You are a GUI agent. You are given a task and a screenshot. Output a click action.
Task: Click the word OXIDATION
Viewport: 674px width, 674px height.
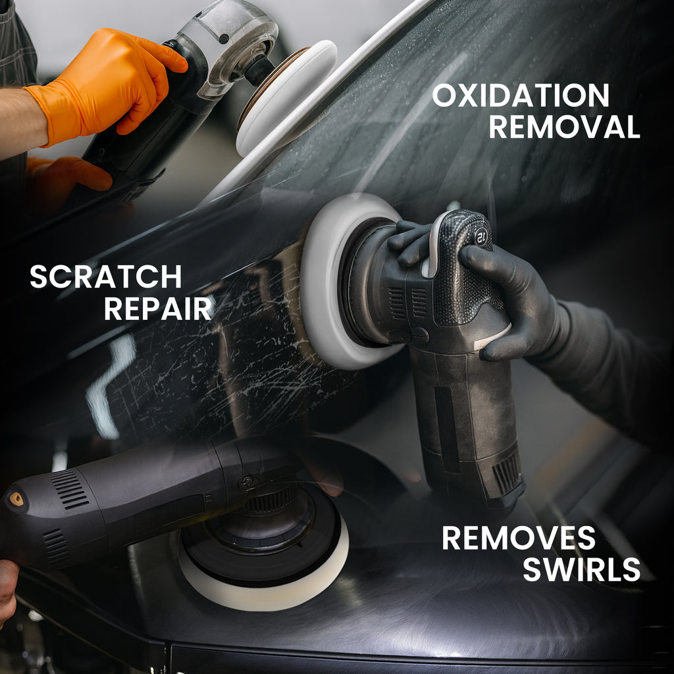(x=520, y=96)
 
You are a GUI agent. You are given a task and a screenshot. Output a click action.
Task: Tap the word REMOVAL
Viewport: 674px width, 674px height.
(x=564, y=126)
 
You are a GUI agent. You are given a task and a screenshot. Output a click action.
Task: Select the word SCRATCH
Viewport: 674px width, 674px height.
(x=106, y=276)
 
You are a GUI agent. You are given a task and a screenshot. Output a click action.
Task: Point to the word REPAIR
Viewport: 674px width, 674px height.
(x=158, y=308)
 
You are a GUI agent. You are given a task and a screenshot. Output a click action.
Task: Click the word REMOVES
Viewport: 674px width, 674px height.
(x=518, y=538)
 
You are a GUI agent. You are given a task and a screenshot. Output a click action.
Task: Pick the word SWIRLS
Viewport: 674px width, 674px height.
(x=581, y=569)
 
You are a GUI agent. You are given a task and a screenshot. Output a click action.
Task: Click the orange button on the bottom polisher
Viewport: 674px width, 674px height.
(x=16, y=500)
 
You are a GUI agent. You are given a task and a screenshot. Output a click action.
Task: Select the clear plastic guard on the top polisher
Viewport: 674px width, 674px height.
(x=230, y=39)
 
